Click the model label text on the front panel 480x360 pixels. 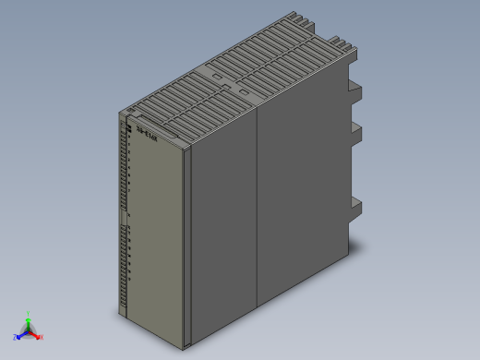146,135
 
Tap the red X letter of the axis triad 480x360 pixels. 42,337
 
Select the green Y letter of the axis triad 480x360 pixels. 29,313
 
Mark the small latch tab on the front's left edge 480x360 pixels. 121,217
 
